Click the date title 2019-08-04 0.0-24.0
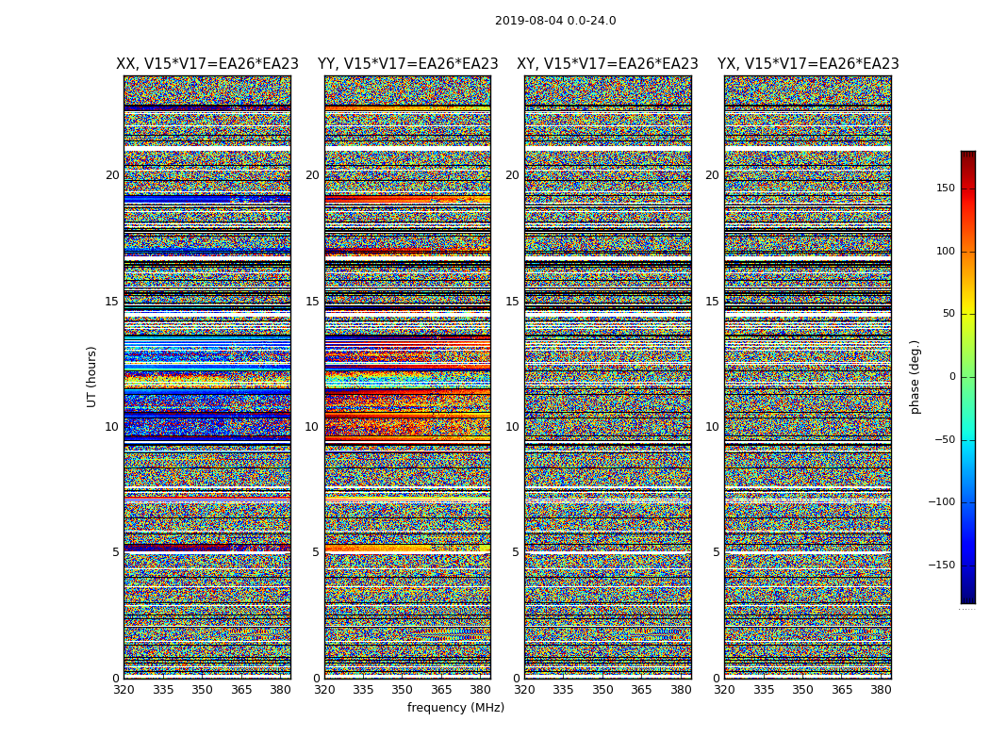pos(555,21)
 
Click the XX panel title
pos(207,64)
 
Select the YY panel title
pos(407,64)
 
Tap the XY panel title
pos(607,64)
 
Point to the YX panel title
pos(808,64)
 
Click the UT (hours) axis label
pos(92,376)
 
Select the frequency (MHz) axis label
pos(455,708)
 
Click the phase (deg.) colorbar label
pos(915,377)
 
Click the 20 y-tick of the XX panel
pos(112,175)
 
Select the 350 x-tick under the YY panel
pos(402,690)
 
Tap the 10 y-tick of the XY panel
pos(512,427)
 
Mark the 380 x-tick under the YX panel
pos(881,690)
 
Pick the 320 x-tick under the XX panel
pos(124,690)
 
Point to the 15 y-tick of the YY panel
pos(312,302)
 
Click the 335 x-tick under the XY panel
pos(563,690)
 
